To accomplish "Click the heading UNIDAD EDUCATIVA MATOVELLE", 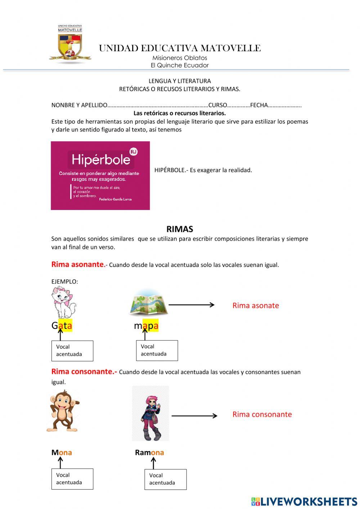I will click(180, 48).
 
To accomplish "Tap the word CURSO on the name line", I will click(217, 105).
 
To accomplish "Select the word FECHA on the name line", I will click(259, 105).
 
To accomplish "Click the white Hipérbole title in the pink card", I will click(100, 160).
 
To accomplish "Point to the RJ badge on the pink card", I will click(134, 152).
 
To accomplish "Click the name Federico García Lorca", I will click(115, 199).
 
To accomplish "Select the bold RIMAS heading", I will click(180, 229).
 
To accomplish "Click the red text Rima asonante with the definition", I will click(78, 264).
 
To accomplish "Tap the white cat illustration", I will click(64, 302).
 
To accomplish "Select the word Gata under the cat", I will click(62, 326).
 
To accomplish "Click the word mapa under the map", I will click(146, 326).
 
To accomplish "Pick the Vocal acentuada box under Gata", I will click(72, 351).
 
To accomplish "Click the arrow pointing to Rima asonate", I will click(192, 305).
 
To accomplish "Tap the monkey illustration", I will click(63, 411).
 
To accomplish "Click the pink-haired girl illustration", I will click(150, 414).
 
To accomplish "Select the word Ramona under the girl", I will click(149, 452).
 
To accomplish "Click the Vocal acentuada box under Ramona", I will click(165, 479).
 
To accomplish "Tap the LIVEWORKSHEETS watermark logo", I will click(304, 501).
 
